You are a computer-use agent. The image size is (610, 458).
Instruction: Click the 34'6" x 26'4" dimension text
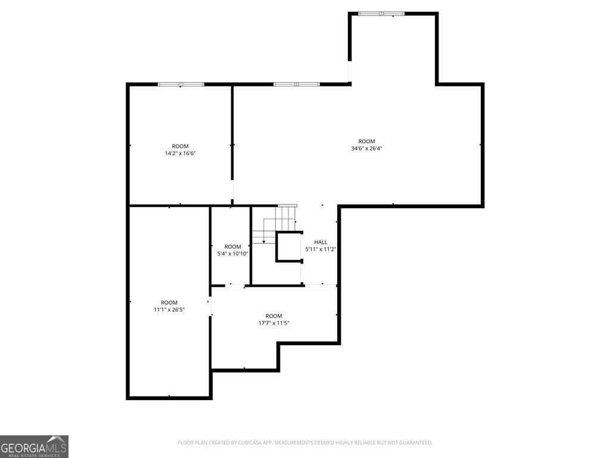pos(366,148)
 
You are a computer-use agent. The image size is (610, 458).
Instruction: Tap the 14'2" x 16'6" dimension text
pos(180,153)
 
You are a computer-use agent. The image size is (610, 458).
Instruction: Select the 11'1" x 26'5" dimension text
pos(169,310)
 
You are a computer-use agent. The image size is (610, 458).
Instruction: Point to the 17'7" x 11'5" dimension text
pos(274,323)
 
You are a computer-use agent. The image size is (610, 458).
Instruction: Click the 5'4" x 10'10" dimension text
pos(233,253)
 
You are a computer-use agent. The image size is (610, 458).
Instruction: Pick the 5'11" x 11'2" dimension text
pos(320,249)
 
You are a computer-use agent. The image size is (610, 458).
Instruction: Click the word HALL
pos(320,242)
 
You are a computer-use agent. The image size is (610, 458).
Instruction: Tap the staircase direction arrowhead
pos(264,242)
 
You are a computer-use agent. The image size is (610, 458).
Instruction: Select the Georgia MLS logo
pos(34,447)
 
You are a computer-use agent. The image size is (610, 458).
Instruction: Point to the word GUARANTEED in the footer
pos(416,443)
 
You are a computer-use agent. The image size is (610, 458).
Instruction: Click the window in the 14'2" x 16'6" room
pos(181,84)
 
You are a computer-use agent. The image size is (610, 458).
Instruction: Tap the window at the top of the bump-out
pos(381,14)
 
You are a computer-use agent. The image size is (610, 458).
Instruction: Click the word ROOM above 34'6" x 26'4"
pos(366,141)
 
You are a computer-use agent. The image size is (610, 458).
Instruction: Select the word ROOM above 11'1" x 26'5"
pos(169,302)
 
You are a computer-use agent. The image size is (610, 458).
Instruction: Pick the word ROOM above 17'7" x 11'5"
pos(274,316)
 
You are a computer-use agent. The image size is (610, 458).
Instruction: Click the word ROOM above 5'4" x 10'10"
pos(233,246)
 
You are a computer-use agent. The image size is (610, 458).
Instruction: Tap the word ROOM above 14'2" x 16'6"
pos(180,147)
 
